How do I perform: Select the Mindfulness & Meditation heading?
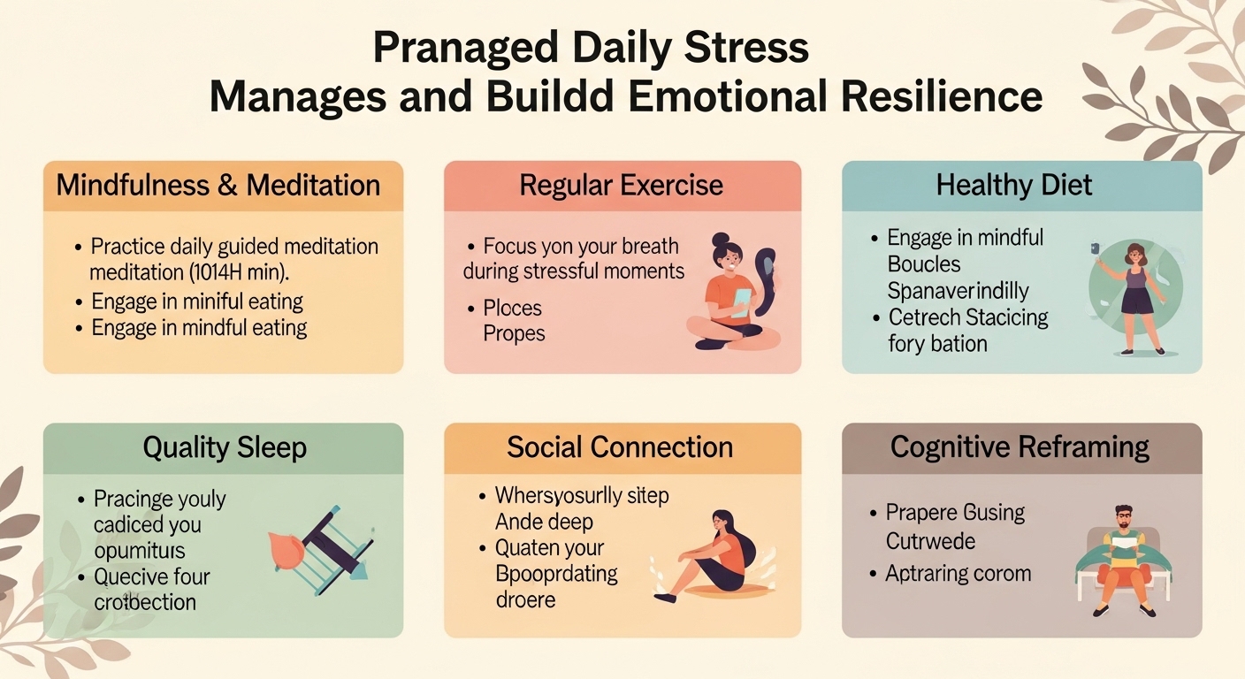click(x=218, y=186)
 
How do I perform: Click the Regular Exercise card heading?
click(x=622, y=186)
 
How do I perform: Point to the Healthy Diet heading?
click(x=1014, y=186)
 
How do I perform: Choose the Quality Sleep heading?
click(x=225, y=447)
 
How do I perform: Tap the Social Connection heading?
click(x=620, y=447)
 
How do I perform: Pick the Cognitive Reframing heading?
click(x=1020, y=447)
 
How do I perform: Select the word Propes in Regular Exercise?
click(x=514, y=334)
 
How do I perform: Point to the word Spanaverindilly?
click(x=958, y=290)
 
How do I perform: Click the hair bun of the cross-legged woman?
click(x=720, y=240)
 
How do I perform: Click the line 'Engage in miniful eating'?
click(x=197, y=301)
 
